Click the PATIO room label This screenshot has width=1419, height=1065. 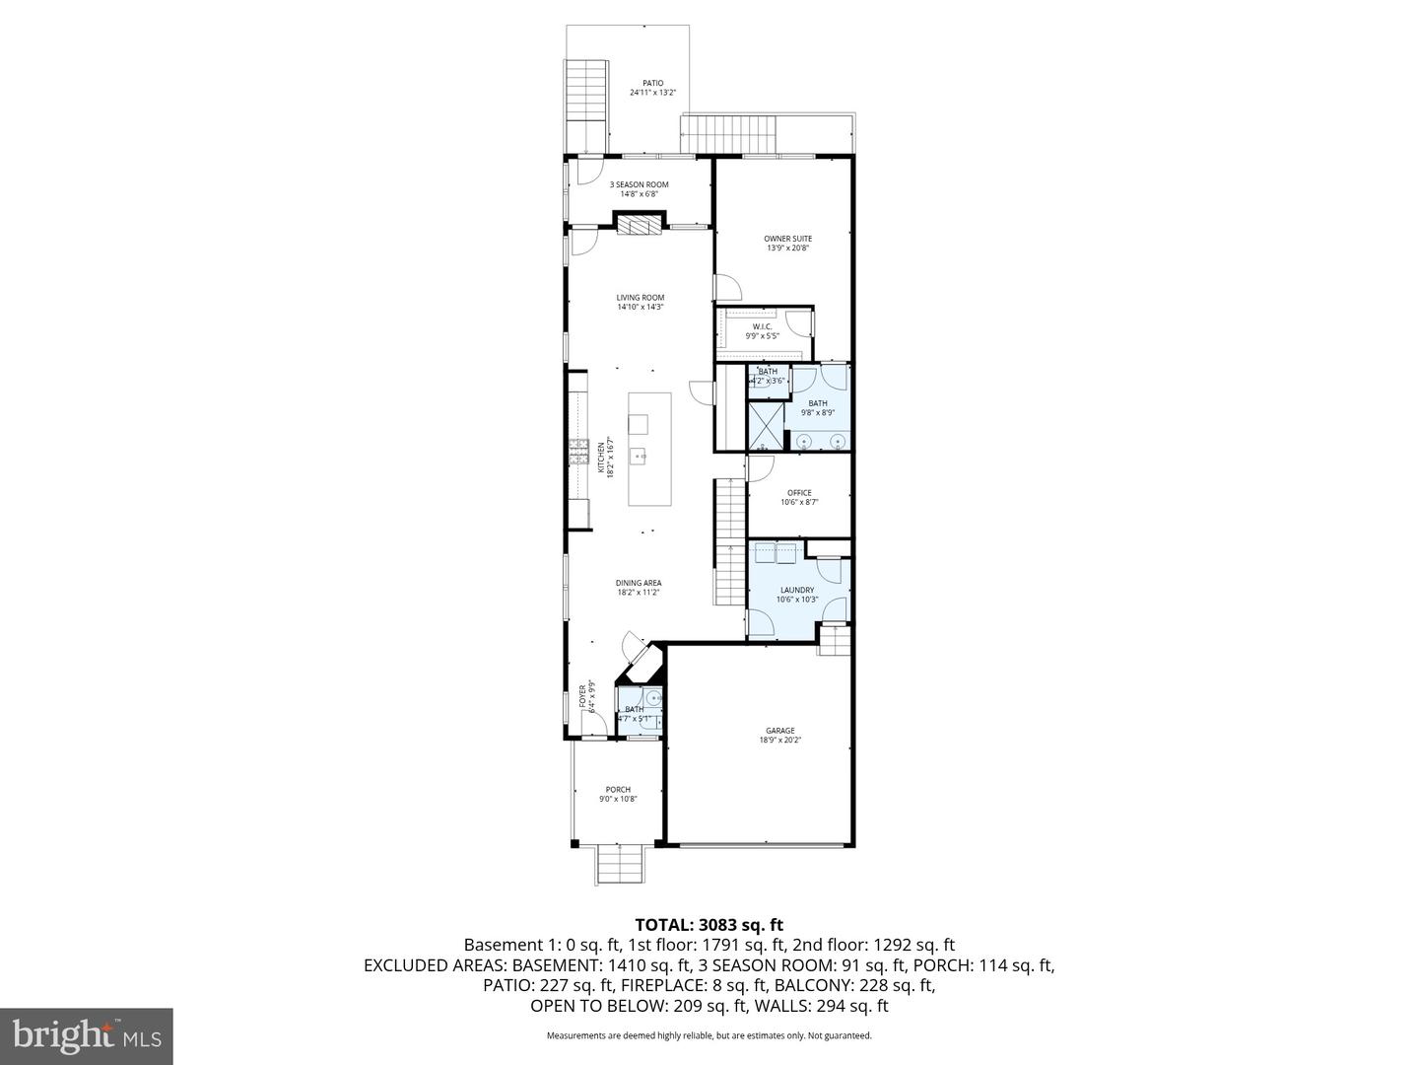pos(652,83)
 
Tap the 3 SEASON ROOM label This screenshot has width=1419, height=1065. pos(639,184)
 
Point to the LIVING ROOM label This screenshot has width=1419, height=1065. pos(641,297)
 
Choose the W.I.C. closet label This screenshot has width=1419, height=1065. pos(762,326)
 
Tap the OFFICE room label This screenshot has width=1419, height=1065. pos(799,493)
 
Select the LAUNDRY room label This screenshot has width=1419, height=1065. pos(797,590)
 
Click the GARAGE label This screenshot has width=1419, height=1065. pos(779,731)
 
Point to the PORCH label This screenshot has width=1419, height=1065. pos(618,789)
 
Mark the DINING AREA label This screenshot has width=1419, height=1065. pos(639,583)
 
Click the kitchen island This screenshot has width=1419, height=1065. pos(650,449)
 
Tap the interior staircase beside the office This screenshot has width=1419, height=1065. pos(729,542)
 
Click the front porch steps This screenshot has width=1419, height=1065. pos(620,866)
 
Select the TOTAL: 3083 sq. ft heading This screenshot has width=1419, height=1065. pos(709,925)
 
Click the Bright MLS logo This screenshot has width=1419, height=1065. pos(87,1035)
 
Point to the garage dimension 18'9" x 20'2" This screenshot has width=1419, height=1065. pos(779,741)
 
